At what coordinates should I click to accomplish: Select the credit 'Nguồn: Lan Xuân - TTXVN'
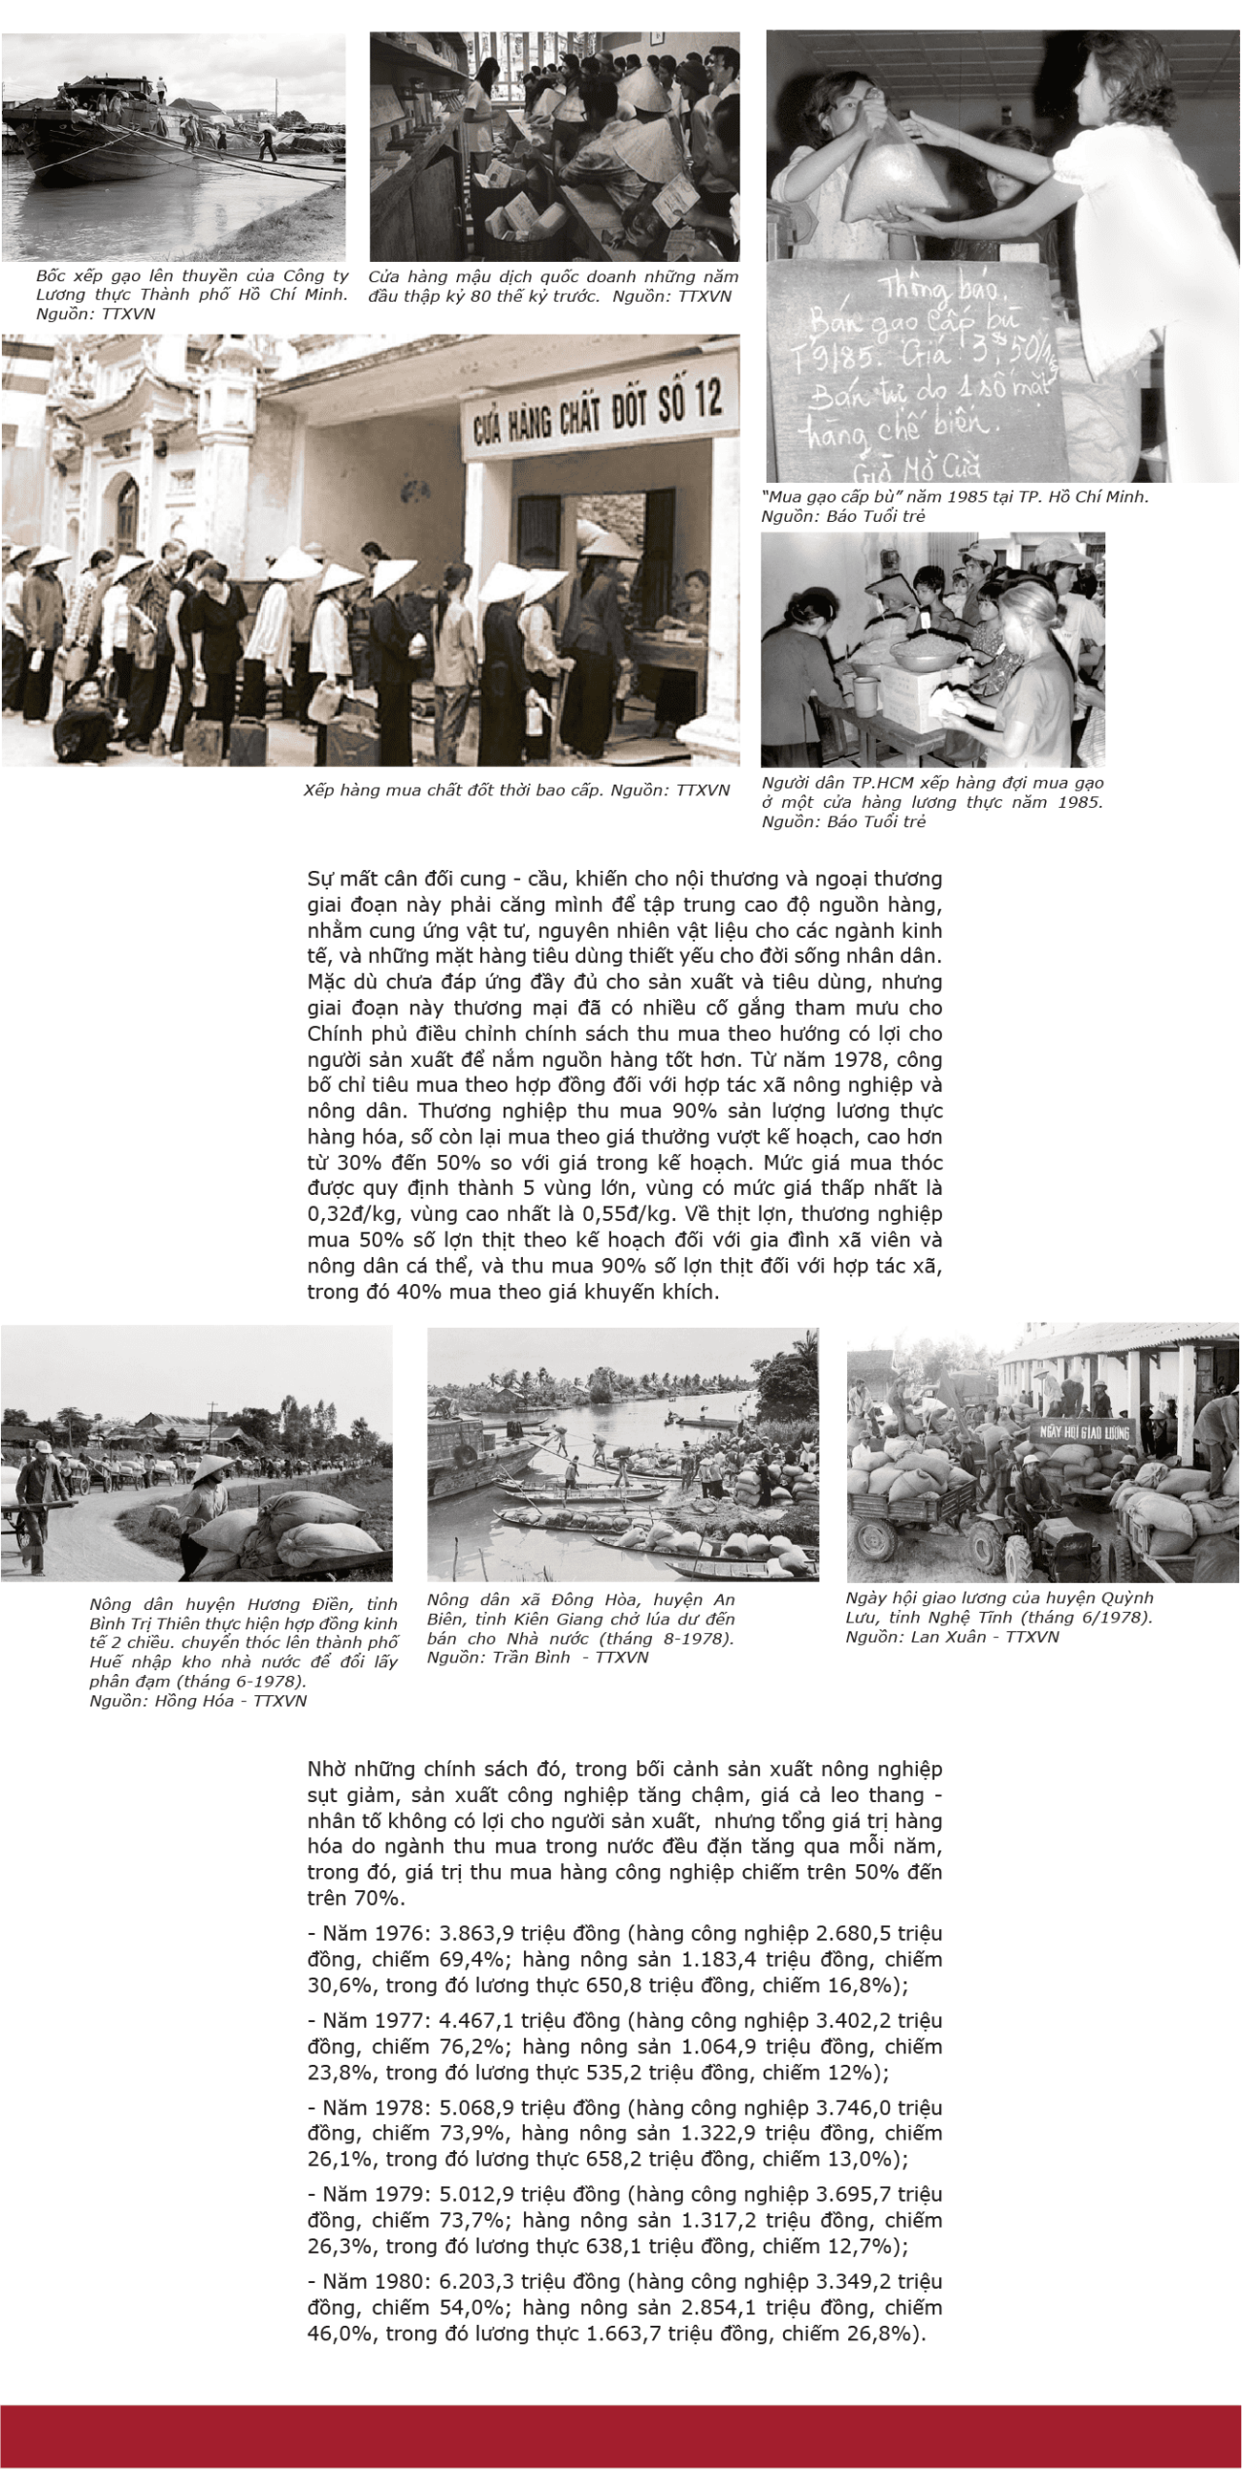tap(952, 1636)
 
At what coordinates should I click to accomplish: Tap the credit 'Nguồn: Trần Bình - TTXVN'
tap(538, 1657)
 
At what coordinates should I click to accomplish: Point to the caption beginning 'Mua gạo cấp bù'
tap(955, 496)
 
